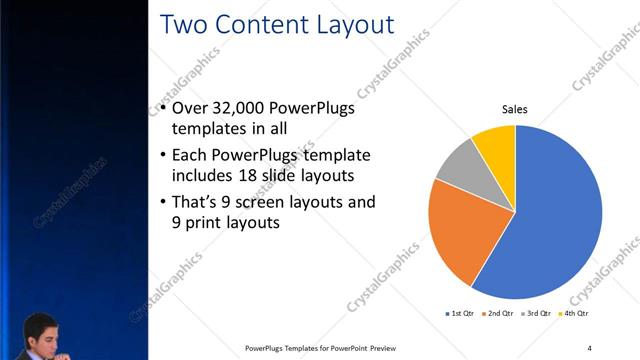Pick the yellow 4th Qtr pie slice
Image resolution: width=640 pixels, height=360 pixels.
(496, 145)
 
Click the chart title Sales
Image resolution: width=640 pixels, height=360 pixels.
(514, 110)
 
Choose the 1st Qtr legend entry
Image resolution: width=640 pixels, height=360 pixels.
(460, 314)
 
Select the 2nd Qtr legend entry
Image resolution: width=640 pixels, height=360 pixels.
(498, 314)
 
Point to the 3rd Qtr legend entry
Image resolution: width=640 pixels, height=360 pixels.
(536, 314)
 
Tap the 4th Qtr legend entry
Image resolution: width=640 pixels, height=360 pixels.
(574, 314)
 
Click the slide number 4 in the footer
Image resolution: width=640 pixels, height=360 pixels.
(589, 348)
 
